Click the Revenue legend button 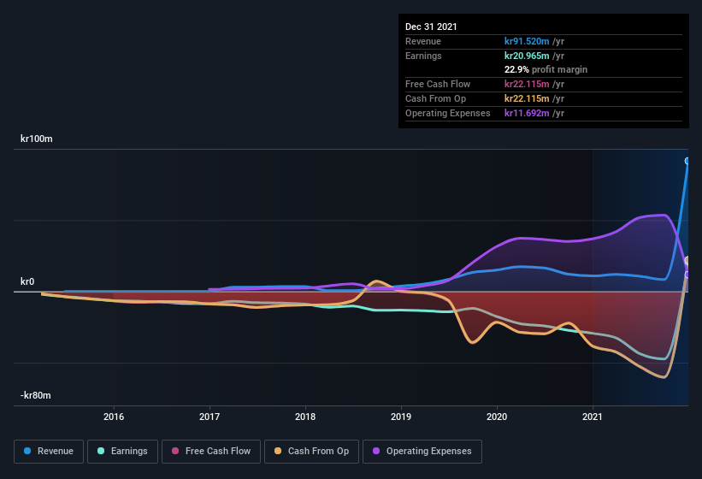[49, 451]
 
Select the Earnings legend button [123, 451]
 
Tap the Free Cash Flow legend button [210, 451]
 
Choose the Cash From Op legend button [310, 451]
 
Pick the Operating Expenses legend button [422, 451]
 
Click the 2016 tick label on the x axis [114, 417]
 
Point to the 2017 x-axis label [209, 417]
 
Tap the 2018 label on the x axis [305, 417]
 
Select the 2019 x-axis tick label [401, 417]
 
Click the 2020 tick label [497, 417]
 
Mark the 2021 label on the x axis [593, 417]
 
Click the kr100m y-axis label [37, 139]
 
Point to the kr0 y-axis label [27, 281]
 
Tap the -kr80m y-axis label [36, 395]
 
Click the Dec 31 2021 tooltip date [431, 27]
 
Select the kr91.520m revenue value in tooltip [534, 41]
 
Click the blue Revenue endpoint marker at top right [687, 161]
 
